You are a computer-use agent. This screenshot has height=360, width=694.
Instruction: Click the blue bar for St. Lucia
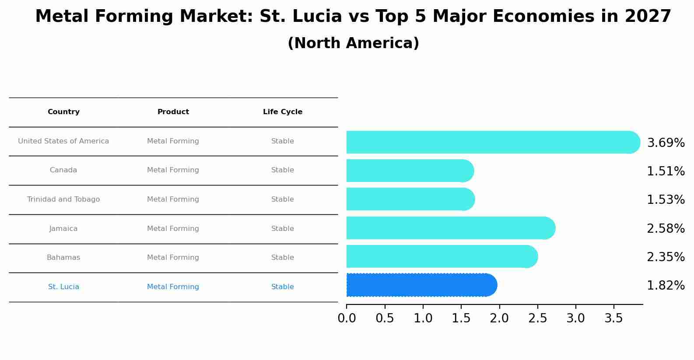pos(421,285)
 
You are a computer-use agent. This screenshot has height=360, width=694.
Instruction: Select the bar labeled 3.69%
pos(493,142)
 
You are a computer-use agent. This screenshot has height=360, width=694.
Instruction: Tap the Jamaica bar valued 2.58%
pos(451,228)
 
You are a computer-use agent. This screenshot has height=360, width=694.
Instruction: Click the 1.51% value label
pos(666,171)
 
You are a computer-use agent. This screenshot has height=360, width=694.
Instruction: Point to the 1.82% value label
pos(666,286)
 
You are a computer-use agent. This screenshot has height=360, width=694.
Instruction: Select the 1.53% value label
pos(666,200)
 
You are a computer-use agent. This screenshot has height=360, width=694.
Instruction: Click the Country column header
pos(63,112)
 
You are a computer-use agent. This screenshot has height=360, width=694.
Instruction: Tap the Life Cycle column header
pos(283,112)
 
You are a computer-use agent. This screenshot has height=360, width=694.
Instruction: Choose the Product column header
pos(173,112)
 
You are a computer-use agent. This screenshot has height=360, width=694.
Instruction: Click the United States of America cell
pos(63,141)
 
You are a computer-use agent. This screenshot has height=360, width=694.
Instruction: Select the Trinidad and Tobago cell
pos(63,199)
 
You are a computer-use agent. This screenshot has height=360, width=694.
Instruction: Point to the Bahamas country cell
pos(63,258)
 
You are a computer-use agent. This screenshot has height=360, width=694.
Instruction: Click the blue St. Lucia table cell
pos(63,287)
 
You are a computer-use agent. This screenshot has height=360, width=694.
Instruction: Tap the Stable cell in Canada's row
pos(283,170)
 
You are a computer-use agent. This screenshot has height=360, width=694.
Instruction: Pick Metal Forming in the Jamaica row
pos(173,229)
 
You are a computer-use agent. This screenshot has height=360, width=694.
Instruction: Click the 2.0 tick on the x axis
pos(499,318)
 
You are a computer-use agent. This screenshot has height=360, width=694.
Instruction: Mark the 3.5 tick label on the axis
pos(613,318)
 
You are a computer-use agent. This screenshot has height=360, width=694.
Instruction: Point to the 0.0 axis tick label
pos(347,318)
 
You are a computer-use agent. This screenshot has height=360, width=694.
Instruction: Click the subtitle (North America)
pos(353,43)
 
